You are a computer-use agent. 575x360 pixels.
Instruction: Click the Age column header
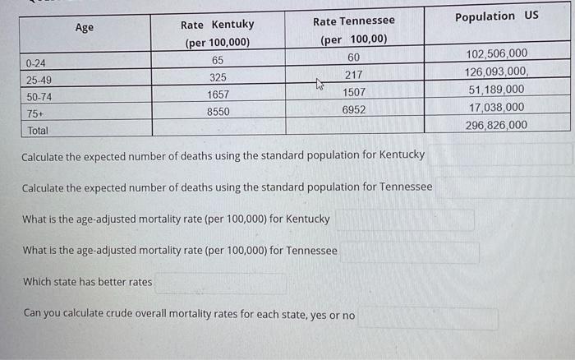point(84,27)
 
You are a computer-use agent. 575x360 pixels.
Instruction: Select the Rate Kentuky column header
point(217,25)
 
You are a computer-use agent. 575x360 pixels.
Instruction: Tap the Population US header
point(496,16)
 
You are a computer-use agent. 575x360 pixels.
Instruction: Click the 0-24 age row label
point(35,63)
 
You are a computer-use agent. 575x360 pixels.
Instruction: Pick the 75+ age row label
point(34,114)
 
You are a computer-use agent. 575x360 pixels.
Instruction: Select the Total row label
point(38,131)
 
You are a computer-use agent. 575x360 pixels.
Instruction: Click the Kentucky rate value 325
point(218,77)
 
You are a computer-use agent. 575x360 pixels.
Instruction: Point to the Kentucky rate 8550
point(218,111)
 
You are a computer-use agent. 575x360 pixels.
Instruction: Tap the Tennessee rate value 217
point(353,75)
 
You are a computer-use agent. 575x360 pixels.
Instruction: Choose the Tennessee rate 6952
point(353,108)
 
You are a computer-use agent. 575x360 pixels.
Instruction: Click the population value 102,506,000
point(496,54)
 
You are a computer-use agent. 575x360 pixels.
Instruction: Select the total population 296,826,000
point(496,125)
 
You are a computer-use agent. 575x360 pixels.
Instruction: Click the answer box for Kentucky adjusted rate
point(404,219)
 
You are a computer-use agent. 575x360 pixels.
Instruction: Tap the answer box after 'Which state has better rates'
point(220,283)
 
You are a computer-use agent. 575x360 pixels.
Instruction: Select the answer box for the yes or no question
point(427,317)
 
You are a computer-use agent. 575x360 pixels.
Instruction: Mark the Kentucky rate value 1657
point(218,95)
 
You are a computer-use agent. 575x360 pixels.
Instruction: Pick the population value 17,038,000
point(496,107)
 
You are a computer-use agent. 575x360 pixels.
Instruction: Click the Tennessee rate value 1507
point(354,92)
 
